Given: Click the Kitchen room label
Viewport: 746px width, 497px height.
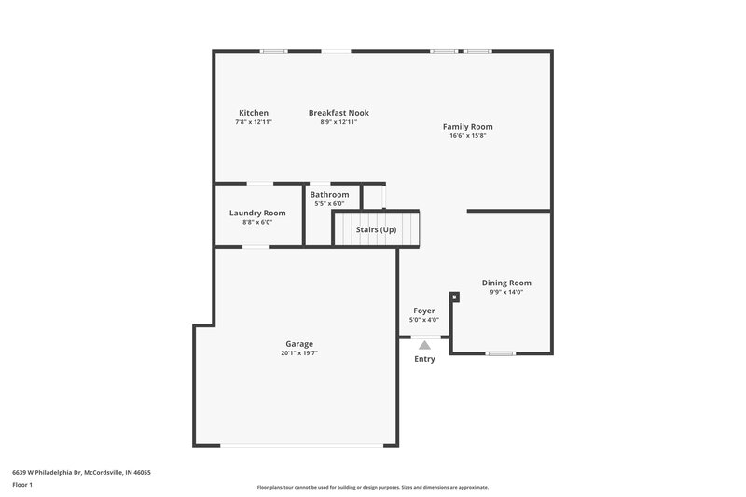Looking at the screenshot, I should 253,113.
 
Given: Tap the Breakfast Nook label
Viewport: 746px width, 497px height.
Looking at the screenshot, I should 338,113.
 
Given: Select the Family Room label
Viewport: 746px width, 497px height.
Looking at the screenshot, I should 467,127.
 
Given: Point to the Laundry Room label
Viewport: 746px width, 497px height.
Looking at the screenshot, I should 257,213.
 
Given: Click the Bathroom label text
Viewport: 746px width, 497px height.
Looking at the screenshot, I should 329,194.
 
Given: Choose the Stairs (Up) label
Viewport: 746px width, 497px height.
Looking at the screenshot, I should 376,229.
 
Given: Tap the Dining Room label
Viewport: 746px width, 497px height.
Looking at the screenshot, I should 506,283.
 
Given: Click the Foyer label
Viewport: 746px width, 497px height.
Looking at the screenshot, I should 424,311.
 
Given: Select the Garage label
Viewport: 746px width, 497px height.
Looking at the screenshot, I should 299,343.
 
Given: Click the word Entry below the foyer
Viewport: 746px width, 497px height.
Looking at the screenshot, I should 424,359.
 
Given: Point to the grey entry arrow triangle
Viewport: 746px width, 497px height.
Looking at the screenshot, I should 424,345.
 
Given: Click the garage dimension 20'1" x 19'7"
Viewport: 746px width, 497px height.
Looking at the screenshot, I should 299,353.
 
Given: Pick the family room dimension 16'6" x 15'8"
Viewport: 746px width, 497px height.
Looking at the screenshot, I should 467,136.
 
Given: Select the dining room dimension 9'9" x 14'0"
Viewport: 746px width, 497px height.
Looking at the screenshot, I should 506,292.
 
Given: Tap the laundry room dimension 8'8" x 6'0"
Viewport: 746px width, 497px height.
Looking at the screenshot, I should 257,222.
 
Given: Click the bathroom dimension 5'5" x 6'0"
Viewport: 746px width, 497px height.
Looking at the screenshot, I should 329,203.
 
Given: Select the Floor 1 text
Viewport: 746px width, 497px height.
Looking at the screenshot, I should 22,485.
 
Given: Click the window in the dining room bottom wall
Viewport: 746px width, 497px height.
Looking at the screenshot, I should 501,353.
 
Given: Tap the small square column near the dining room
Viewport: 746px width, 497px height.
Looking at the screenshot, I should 454,297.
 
